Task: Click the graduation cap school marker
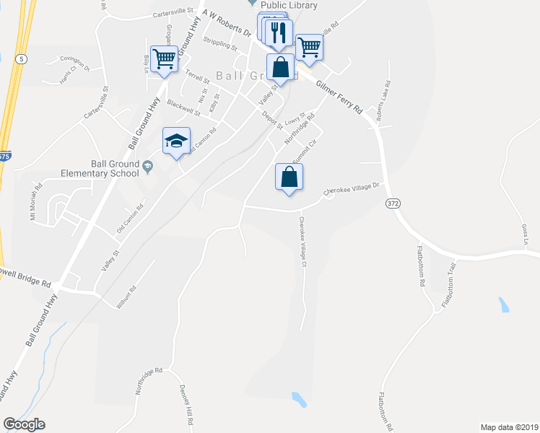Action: pos(176,141)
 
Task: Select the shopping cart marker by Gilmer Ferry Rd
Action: pos(309,47)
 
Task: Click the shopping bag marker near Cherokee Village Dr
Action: pos(289,177)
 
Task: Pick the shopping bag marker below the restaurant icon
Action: pos(281,68)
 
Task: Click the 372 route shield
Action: pos(392,204)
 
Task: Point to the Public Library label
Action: pos(289,5)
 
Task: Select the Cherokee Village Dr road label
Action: pos(351,188)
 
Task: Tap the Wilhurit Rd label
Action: pos(126,298)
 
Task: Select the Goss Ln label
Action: pos(526,234)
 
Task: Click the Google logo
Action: pos(24,424)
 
